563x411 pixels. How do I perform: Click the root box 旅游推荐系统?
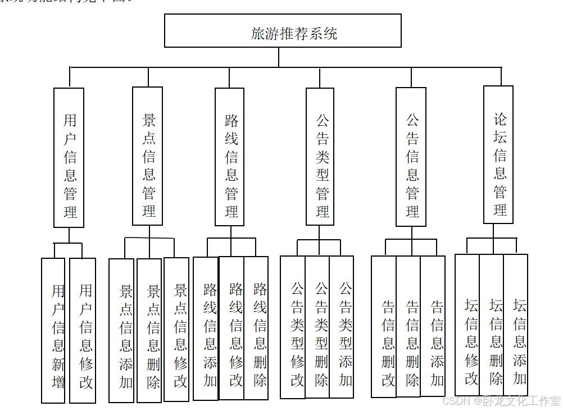click(283, 31)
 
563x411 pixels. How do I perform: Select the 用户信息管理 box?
click(69, 158)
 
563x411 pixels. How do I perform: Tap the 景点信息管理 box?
click(148, 157)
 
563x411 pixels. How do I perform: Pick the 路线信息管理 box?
click(230, 157)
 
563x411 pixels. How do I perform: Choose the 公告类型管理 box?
click(320, 157)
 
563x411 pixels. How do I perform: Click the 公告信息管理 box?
click(411, 157)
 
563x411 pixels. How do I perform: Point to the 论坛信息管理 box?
click(498, 155)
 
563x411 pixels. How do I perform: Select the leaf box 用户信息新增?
click(53, 331)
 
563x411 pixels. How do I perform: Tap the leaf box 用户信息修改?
click(83, 331)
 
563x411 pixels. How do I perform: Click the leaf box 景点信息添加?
click(121, 331)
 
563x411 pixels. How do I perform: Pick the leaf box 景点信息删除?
click(149, 331)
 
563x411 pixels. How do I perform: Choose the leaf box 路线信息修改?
click(231, 328)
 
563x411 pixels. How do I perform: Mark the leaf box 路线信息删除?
click(256, 328)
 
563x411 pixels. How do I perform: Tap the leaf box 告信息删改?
click(384, 327)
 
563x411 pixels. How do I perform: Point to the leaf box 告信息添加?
click(433, 326)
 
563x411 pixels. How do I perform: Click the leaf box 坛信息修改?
click(467, 326)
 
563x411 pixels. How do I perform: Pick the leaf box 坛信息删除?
click(492, 326)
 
